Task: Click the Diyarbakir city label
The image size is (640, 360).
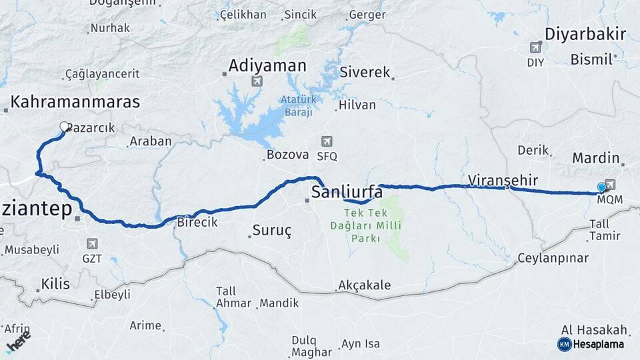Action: coord(585,34)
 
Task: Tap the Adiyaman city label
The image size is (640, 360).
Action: coord(267,66)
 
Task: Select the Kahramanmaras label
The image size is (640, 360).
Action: coord(75,102)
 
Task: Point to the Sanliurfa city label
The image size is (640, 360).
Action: coord(347,193)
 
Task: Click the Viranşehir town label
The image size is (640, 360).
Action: coord(503,180)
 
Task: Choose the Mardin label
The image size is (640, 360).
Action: coord(596,159)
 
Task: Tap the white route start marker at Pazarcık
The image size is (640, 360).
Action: coord(64,126)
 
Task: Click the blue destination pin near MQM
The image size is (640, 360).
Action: coord(601,188)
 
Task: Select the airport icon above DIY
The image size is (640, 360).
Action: coord(535,47)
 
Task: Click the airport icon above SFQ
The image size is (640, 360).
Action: coord(326,141)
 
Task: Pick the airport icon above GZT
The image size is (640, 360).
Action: coord(92,244)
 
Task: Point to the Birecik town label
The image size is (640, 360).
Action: coord(197,223)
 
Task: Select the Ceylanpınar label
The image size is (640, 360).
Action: coord(553,258)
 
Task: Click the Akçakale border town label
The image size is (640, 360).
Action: coord(364,286)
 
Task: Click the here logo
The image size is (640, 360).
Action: coord(18,341)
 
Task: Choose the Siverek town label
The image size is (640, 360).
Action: coord(364,72)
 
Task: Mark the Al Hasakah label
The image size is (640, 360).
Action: coord(595,329)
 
